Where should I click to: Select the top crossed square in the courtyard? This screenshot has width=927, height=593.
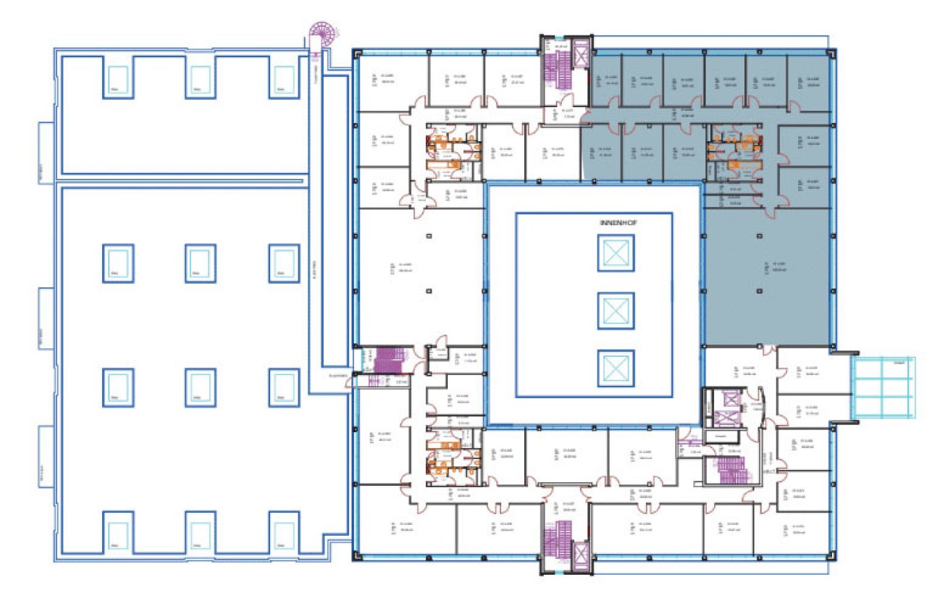click(x=616, y=253)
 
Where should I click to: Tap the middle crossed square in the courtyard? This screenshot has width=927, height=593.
click(x=616, y=311)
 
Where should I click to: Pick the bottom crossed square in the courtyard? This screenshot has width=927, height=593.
click(x=616, y=368)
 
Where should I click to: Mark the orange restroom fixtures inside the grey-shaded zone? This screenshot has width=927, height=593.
click(x=734, y=148)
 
